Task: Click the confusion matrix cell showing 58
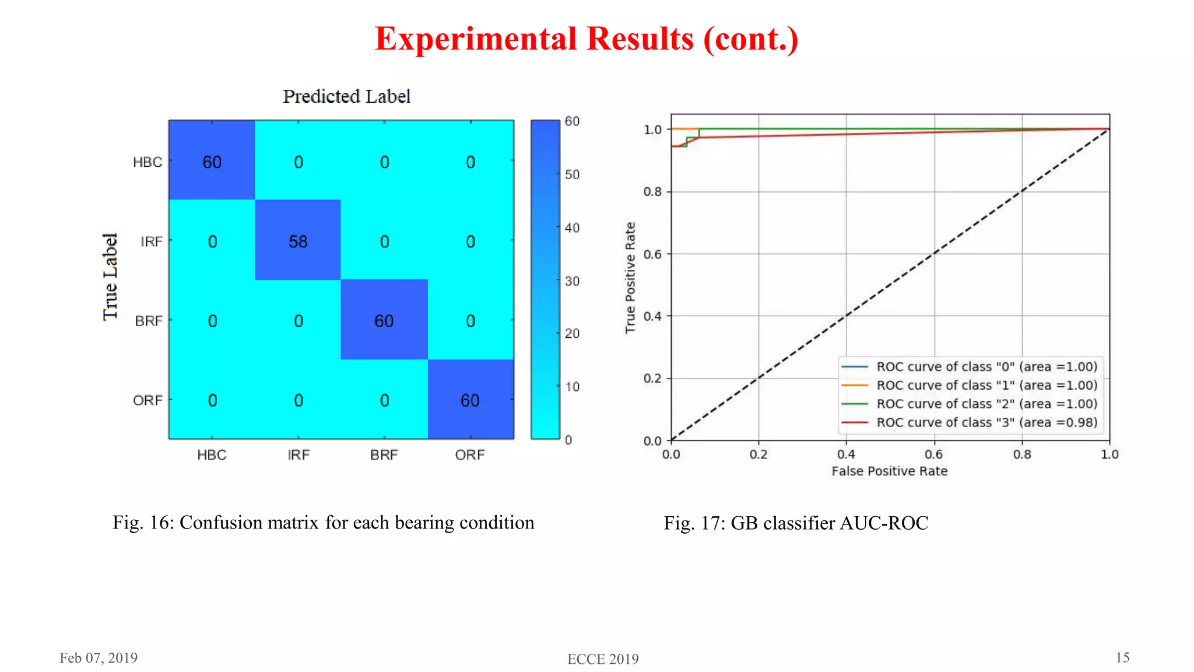[x=298, y=242]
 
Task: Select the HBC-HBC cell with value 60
[x=212, y=162]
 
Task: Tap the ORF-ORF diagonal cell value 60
[x=470, y=400]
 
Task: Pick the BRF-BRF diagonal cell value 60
[x=384, y=321]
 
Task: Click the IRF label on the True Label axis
[x=151, y=242]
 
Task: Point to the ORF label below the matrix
[x=470, y=455]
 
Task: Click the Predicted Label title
[x=346, y=96]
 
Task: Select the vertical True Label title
[x=111, y=277]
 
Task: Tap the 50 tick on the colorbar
[x=572, y=174]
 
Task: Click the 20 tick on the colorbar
[x=572, y=334]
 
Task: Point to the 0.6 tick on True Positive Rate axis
[x=652, y=254]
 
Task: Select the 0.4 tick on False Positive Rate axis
[x=846, y=454]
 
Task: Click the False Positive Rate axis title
[x=889, y=471]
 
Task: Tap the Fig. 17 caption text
[x=796, y=523]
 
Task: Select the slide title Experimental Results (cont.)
[x=587, y=39]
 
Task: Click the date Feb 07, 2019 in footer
[x=99, y=658]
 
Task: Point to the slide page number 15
[x=1122, y=658]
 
